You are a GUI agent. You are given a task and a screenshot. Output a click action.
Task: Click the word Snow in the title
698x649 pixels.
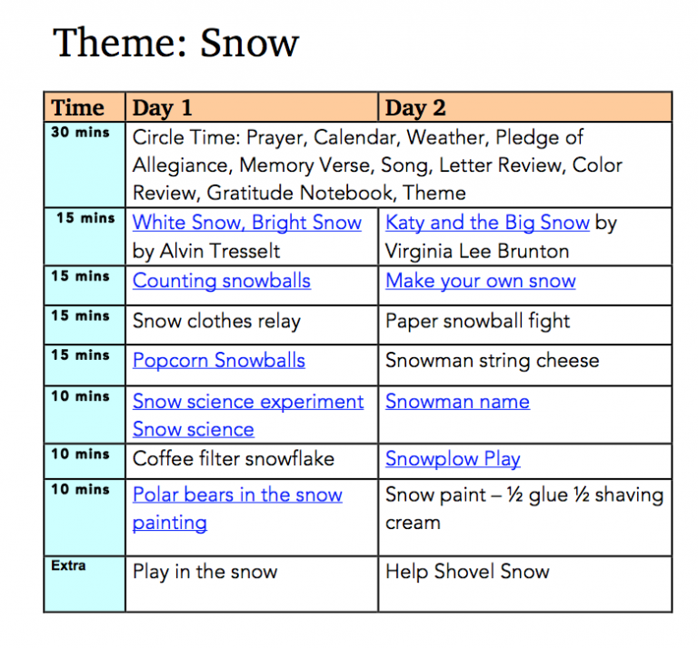(x=249, y=44)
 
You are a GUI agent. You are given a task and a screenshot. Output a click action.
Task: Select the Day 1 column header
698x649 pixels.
(x=163, y=108)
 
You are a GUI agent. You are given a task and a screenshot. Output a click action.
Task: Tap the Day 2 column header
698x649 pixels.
(x=415, y=108)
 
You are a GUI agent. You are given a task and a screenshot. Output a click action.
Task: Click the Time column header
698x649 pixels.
(x=78, y=108)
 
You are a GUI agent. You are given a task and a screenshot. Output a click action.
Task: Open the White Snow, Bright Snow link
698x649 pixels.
(x=247, y=223)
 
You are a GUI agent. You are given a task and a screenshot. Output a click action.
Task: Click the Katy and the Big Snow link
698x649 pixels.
(x=487, y=223)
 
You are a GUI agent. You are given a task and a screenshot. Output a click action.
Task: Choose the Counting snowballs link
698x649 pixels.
(x=222, y=281)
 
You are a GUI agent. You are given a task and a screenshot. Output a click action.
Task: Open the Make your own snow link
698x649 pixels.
(x=480, y=281)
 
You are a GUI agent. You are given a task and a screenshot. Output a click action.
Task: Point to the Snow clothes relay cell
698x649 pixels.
(x=216, y=321)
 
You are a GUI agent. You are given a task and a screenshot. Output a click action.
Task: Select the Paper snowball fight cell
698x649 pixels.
(x=477, y=321)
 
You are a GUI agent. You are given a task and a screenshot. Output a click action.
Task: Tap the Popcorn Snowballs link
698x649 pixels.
(x=219, y=360)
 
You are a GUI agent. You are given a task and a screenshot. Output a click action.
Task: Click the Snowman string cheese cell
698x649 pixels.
(x=492, y=360)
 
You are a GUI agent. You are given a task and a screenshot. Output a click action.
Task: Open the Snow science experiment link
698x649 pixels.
(x=248, y=402)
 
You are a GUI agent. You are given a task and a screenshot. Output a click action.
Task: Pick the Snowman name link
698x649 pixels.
(x=457, y=402)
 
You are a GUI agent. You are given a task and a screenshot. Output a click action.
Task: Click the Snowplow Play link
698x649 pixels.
(x=453, y=459)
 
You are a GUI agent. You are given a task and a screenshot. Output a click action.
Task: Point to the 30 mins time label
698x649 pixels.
(x=81, y=133)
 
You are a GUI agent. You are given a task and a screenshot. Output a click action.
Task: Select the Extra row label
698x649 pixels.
(x=69, y=565)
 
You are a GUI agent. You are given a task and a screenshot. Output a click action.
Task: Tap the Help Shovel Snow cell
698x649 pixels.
(x=467, y=572)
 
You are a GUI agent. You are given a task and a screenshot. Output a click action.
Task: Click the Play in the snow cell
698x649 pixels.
(x=204, y=572)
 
